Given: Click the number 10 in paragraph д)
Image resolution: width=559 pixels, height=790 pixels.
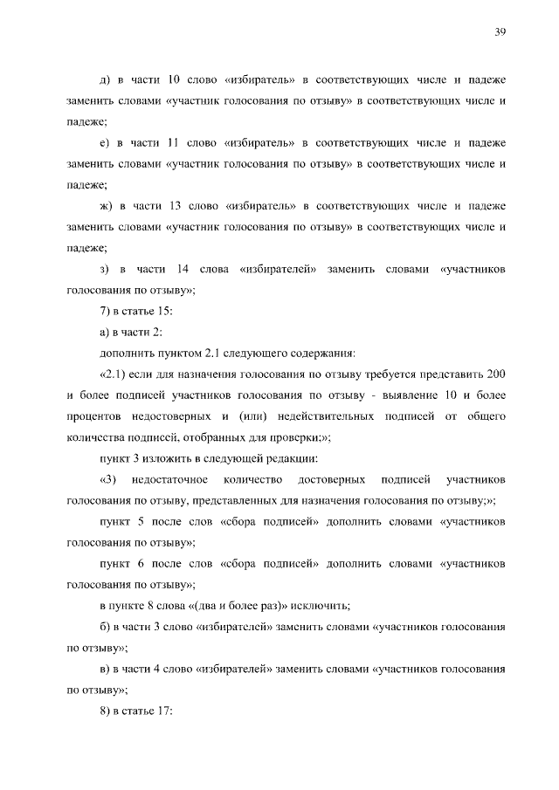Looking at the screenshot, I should click(170, 80).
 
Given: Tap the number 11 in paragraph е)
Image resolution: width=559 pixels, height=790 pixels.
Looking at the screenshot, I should click(171, 142).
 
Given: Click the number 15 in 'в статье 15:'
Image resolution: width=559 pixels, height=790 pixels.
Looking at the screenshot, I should click(162, 311).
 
